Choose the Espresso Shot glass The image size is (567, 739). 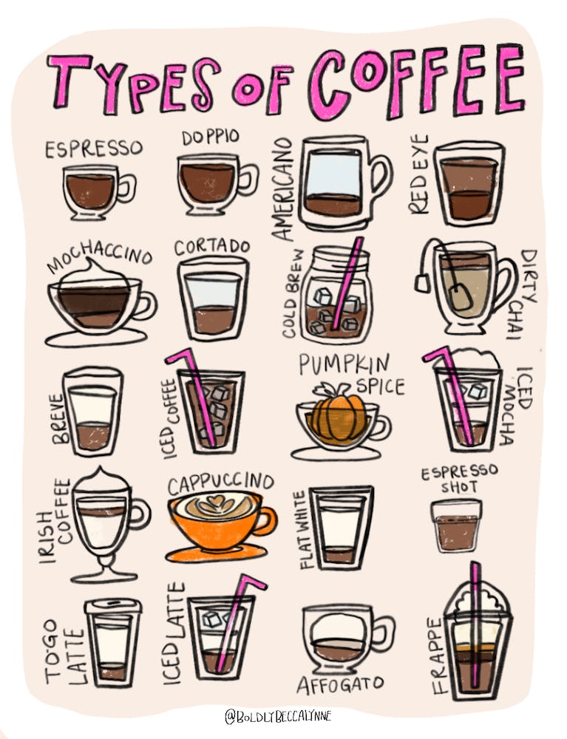[457, 526]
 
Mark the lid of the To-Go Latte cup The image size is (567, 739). [112, 606]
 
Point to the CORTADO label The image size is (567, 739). [212, 247]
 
